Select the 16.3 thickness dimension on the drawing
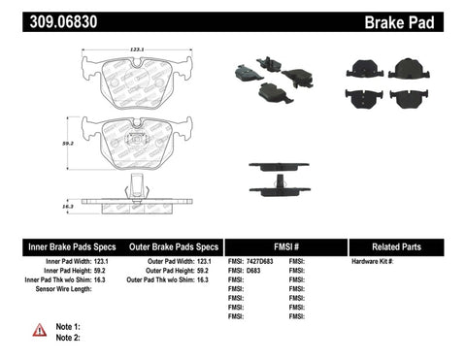(x=67, y=207)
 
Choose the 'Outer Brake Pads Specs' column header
(x=169, y=246)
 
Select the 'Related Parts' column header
(x=407, y=246)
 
